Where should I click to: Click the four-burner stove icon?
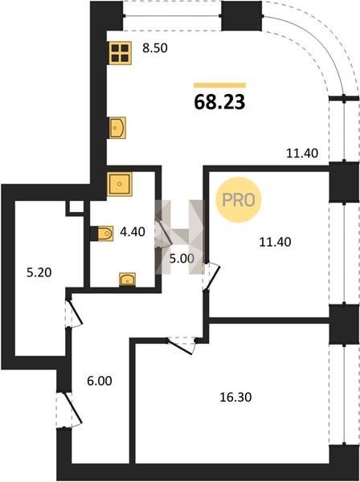click(x=120, y=53)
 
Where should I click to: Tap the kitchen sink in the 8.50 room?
click(x=118, y=128)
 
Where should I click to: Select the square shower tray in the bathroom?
click(x=120, y=184)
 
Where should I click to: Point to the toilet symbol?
click(x=105, y=233)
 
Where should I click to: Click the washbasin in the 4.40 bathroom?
click(x=127, y=280)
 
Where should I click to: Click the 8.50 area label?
click(x=155, y=48)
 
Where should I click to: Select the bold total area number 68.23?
click(x=219, y=102)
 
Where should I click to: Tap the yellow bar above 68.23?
click(x=219, y=85)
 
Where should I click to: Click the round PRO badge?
click(x=239, y=200)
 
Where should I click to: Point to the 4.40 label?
click(x=133, y=232)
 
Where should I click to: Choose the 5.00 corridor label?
click(x=182, y=259)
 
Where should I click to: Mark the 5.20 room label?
click(x=39, y=272)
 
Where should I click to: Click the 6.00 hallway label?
click(x=100, y=381)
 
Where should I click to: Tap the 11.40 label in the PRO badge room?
click(x=275, y=242)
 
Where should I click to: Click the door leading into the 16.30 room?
click(x=182, y=345)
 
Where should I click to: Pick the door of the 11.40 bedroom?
click(x=211, y=276)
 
